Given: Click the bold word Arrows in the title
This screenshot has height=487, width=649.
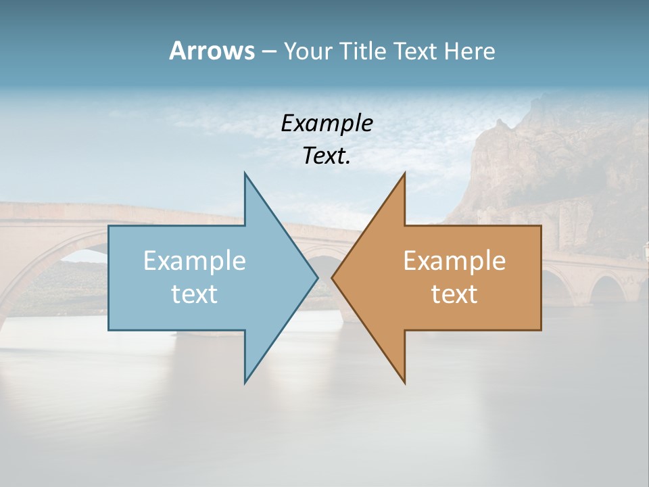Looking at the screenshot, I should point(212,51).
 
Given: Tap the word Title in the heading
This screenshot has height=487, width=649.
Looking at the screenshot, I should point(364,51).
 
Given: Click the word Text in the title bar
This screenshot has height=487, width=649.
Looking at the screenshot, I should point(416,51).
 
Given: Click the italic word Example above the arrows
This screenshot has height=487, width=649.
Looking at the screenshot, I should point(327,123).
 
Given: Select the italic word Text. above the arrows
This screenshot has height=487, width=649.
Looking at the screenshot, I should point(327,156).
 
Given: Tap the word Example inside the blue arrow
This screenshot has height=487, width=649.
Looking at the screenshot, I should point(195,260).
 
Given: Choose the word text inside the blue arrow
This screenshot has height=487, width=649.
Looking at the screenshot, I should point(195,294).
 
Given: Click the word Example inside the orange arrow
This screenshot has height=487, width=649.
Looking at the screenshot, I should point(454,260).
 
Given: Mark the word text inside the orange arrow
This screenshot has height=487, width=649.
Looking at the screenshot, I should point(454,294).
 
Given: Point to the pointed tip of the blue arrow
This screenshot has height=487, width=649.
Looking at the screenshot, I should point(317,277).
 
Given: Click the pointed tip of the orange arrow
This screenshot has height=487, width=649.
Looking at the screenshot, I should point(333,277).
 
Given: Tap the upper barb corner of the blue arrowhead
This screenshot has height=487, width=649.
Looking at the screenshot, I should point(245,174).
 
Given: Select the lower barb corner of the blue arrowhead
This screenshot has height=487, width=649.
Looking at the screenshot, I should point(245,382).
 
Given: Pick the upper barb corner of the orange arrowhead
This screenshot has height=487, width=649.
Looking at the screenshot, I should point(404,174).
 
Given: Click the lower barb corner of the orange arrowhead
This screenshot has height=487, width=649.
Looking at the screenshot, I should point(404,382).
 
